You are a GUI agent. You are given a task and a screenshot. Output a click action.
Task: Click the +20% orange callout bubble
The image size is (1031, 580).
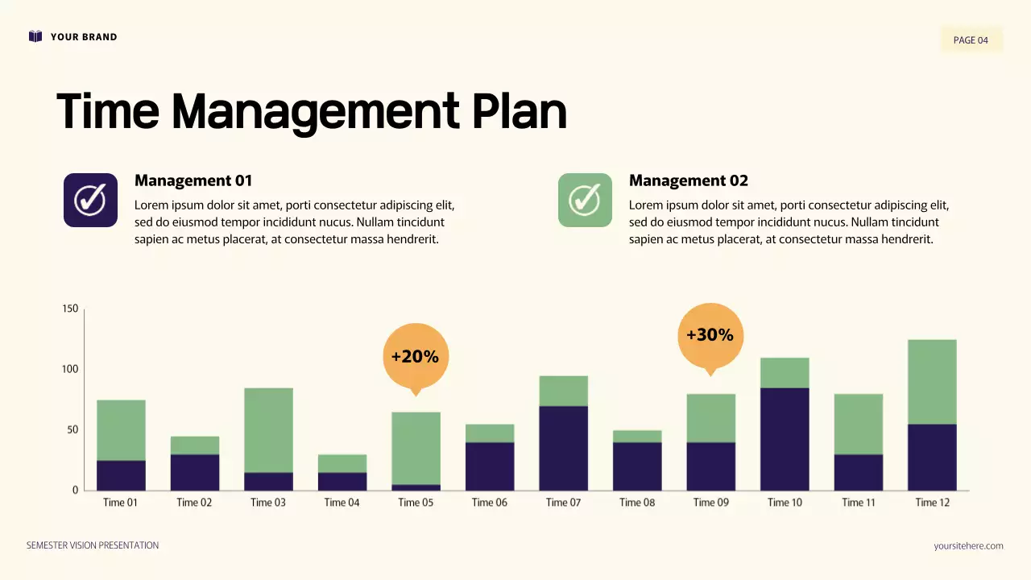pyautogui.click(x=415, y=356)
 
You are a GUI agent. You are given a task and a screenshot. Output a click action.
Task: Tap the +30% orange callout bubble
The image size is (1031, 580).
pyautogui.click(x=710, y=335)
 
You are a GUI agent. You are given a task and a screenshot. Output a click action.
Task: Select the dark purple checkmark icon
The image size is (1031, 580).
pyautogui.click(x=90, y=200)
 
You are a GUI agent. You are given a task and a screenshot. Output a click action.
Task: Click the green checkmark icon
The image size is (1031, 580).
pyautogui.click(x=585, y=200)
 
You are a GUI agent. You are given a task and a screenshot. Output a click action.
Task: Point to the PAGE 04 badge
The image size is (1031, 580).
pyautogui.click(x=971, y=39)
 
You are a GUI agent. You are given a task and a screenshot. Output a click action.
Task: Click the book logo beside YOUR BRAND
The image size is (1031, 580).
pyautogui.click(x=35, y=36)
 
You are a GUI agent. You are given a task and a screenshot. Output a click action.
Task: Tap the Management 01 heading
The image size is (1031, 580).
pyautogui.click(x=193, y=180)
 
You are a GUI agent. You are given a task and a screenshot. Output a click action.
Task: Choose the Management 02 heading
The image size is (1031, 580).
pyautogui.click(x=688, y=180)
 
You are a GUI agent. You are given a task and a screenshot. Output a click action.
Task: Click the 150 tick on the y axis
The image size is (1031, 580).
pyautogui.click(x=70, y=309)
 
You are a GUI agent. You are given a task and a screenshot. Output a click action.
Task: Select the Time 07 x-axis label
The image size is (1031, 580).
pyautogui.click(x=563, y=503)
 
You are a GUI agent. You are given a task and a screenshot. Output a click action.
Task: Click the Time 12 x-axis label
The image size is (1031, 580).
pyautogui.click(x=932, y=503)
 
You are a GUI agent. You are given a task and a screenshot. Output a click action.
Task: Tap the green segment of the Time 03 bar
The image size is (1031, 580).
pyautogui.click(x=268, y=430)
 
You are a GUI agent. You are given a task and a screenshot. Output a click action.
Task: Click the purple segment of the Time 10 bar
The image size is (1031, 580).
pyautogui.click(x=785, y=439)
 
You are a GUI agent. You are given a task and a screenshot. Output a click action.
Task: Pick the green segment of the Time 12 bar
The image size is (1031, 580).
pyautogui.click(x=932, y=382)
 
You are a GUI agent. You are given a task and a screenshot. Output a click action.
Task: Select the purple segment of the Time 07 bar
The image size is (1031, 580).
pyautogui.click(x=563, y=448)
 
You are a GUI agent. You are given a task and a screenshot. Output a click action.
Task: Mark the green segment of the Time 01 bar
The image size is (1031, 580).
pyautogui.click(x=121, y=430)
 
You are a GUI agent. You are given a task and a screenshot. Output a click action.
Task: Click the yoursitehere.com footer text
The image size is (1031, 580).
pyautogui.click(x=968, y=546)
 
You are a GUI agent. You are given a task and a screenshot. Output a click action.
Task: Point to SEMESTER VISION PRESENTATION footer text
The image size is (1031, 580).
pyautogui.click(x=93, y=545)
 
